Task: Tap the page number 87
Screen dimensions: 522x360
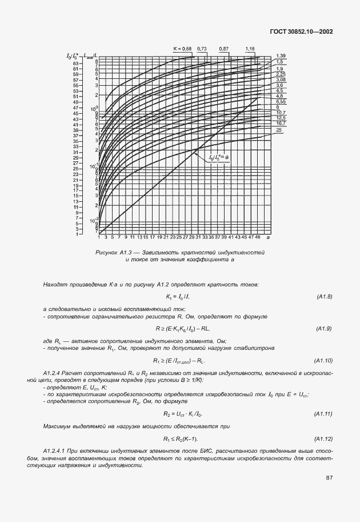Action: point(329,477)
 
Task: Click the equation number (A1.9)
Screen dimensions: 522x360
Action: point(325,329)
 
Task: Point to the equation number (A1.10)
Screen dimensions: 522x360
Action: point(323,361)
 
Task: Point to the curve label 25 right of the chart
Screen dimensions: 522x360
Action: point(279,130)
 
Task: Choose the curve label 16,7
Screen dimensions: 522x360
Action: point(281,123)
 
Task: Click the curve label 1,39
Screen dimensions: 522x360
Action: point(281,55)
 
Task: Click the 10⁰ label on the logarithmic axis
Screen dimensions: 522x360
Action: point(95,108)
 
